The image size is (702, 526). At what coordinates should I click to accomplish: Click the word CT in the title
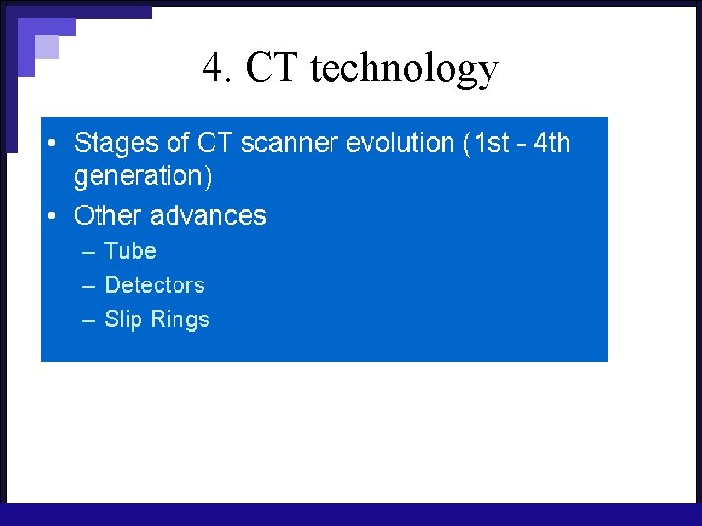click(x=272, y=68)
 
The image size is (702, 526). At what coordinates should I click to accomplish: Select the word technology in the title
click(x=404, y=69)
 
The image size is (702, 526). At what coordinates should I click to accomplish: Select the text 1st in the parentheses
click(x=491, y=143)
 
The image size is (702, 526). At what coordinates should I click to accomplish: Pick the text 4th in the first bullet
click(x=552, y=143)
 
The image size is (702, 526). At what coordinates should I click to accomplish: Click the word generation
click(x=138, y=177)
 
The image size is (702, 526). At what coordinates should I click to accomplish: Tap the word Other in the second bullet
click(x=105, y=215)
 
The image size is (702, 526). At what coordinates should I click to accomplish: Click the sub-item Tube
click(x=131, y=251)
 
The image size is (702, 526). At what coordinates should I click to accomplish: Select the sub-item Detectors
click(x=154, y=285)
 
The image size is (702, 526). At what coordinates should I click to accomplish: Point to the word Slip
click(x=123, y=320)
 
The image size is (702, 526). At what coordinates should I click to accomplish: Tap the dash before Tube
click(x=88, y=252)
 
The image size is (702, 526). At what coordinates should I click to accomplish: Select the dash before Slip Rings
click(x=88, y=320)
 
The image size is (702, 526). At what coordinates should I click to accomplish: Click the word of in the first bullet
click(x=178, y=143)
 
